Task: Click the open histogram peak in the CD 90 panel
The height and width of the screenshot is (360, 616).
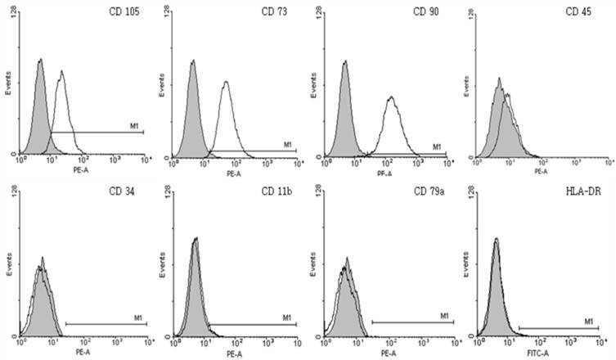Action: (x=392, y=99)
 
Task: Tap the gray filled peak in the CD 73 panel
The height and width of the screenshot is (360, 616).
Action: (x=193, y=62)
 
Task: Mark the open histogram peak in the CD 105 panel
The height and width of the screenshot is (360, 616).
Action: (x=61, y=73)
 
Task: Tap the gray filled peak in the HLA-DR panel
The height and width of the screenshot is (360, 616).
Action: (x=496, y=241)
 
